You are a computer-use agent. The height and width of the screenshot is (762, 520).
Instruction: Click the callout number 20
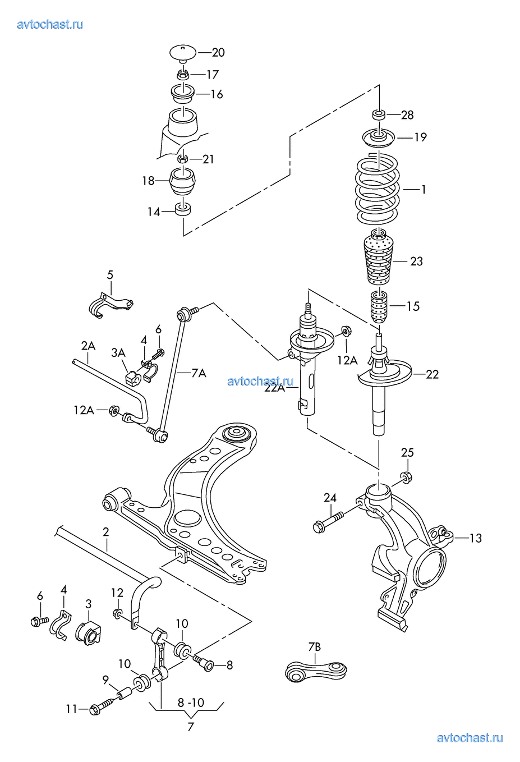tap(218, 52)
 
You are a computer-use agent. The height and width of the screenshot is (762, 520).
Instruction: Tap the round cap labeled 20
tap(183, 53)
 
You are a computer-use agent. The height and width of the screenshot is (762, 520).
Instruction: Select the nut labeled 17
tap(183, 74)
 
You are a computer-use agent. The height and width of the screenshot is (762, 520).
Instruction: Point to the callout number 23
tap(416, 261)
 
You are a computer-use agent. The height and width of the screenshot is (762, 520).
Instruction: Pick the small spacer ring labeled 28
tap(379, 114)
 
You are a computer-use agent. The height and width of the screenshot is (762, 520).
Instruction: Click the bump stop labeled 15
tap(379, 307)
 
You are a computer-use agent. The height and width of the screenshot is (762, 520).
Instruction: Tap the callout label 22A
tap(275, 388)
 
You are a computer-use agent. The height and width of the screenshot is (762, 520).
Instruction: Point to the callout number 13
tap(476, 538)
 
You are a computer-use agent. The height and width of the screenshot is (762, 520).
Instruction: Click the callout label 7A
tap(199, 374)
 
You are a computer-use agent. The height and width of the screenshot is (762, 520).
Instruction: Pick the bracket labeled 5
tap(110, 304)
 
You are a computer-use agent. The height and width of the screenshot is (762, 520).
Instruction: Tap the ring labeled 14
tap(183, 209)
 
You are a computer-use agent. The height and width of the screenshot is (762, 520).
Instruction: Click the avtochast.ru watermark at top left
tap(50, 25)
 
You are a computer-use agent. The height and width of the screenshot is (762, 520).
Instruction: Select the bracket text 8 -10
tap(191, 703)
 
